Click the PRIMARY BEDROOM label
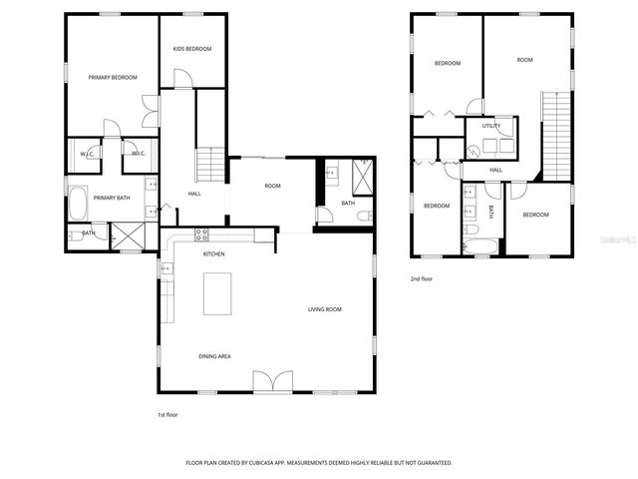(112, 77)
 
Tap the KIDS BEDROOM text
(192, 48)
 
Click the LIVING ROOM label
(324, 309)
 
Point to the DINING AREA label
(215, 355)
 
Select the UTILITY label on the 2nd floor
(490, 126)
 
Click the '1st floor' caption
(167, 414)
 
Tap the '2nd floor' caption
(421, 279)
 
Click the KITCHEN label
(214, 253)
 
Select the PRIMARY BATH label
(112, 198)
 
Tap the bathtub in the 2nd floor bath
(479, 244)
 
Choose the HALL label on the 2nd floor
(495, 170)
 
